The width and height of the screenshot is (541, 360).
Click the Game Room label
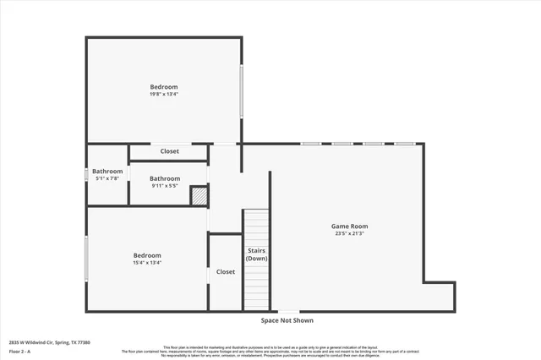point(348,226)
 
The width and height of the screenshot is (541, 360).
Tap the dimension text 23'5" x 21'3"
point(348,233)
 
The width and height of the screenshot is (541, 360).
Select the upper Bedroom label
point(164,86)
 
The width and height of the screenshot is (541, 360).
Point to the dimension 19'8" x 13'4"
point(164,94)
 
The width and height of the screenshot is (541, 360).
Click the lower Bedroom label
point(146,254)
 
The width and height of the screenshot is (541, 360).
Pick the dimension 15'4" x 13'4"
point(146,262)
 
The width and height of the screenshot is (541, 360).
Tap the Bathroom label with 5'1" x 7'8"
point(107,171)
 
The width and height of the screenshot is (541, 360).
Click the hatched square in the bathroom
point(199,196)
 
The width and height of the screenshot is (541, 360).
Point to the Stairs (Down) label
point(257,254)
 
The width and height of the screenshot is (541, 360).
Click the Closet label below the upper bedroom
point(170,150)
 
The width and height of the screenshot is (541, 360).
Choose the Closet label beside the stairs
point(226,271)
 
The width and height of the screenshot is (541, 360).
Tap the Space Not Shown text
point(287,320)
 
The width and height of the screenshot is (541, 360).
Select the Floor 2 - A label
point(20,351)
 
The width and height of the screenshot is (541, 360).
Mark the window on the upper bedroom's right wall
point(242,90)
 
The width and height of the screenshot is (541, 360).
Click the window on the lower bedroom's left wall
point(86,259)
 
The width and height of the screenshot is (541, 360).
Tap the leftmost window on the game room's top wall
point(310,144)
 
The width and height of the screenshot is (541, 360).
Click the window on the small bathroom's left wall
point(86,175)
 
